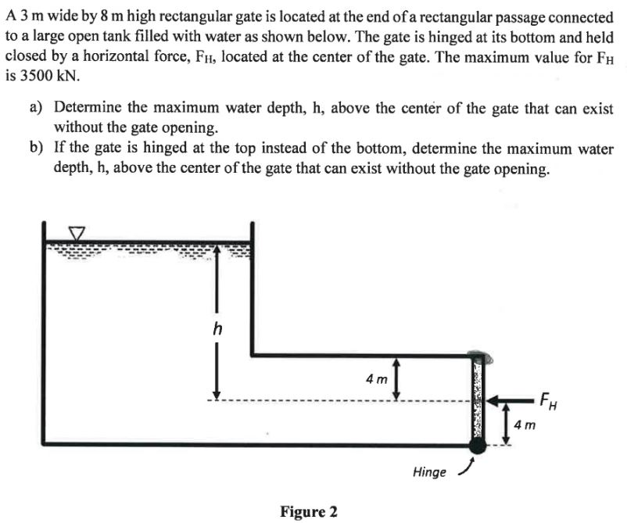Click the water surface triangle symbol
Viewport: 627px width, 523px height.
click(x=77, y=234)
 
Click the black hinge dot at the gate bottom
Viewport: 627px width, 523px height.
click(x=476, y=446)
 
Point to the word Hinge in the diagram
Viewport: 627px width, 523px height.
click(x=429, y=472)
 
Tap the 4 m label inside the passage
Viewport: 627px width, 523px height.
click(x=376, y=379)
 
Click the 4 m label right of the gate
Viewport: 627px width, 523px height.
click(x=525, y=425)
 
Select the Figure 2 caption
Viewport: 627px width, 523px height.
click(x=309, y=512)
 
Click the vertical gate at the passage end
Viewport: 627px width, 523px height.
click(x=476, y=399)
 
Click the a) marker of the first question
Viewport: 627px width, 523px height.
click(x=37, y=109)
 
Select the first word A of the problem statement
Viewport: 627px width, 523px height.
click(x=9, y=18)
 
